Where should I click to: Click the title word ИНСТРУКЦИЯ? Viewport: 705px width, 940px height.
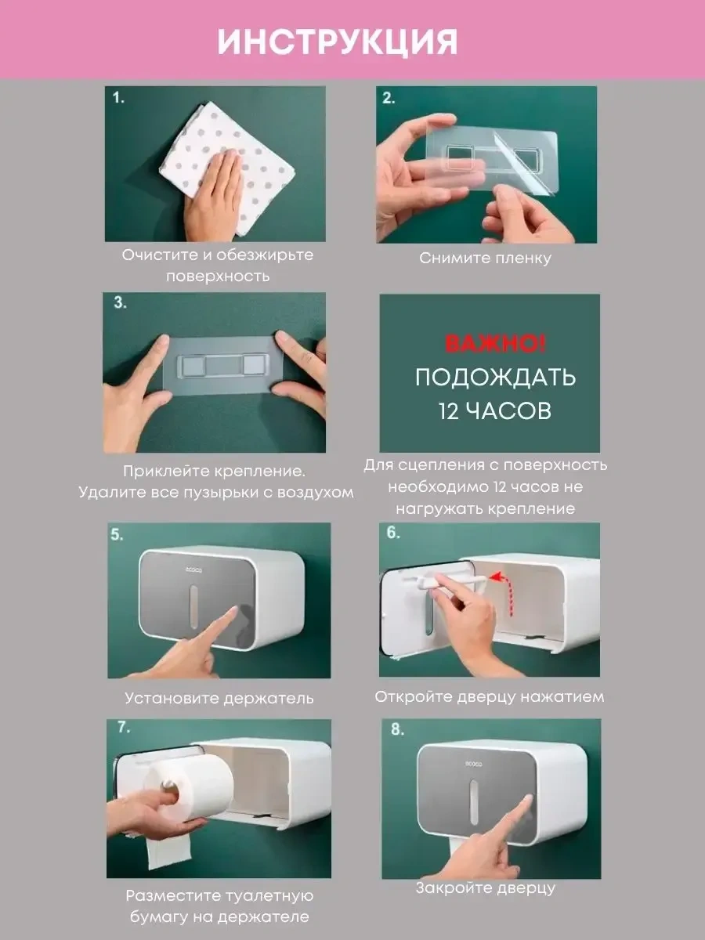pyautogui.click(x=338, y=42)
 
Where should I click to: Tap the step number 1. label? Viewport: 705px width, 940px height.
pyautogui.click(x=118, y=98)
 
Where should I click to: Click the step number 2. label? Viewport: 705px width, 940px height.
pyautogui.click(x=389, y=98)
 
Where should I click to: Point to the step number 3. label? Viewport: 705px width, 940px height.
pyautogui.click(x=120, y=302)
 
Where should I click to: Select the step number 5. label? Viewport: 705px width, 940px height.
pyautogui.click(x=117, y=534)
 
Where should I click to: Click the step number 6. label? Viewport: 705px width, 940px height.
pyautogui.click(x=393, y=533)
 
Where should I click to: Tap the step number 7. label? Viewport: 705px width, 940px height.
pyautogui.click(x=124, y=727)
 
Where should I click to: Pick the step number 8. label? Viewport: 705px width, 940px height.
pyautogui.click(x=397, y=729)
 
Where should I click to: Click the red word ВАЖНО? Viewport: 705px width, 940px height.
pyautogui.click(x=495, y=344)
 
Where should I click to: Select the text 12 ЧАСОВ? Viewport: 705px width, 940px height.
pyautogui.click(x=495, y=410)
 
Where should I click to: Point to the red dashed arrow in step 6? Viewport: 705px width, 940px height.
pyautogui.click(x=504, y=593)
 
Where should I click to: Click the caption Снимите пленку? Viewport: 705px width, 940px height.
pyautogui.click(x=486, y=258)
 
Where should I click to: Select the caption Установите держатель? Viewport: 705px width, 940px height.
pyautogui.click(x=219, y=699)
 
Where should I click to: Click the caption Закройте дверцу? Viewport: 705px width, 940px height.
pyautogui.click(x=486, y=888)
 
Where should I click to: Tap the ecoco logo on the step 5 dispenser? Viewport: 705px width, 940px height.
pyautogui.click(x=193, y=569)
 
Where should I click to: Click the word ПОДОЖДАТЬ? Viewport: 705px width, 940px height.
pyautogui.click(x=495, y=378)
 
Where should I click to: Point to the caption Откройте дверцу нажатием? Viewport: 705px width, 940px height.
pyautogui.click(x=490, y=696)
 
